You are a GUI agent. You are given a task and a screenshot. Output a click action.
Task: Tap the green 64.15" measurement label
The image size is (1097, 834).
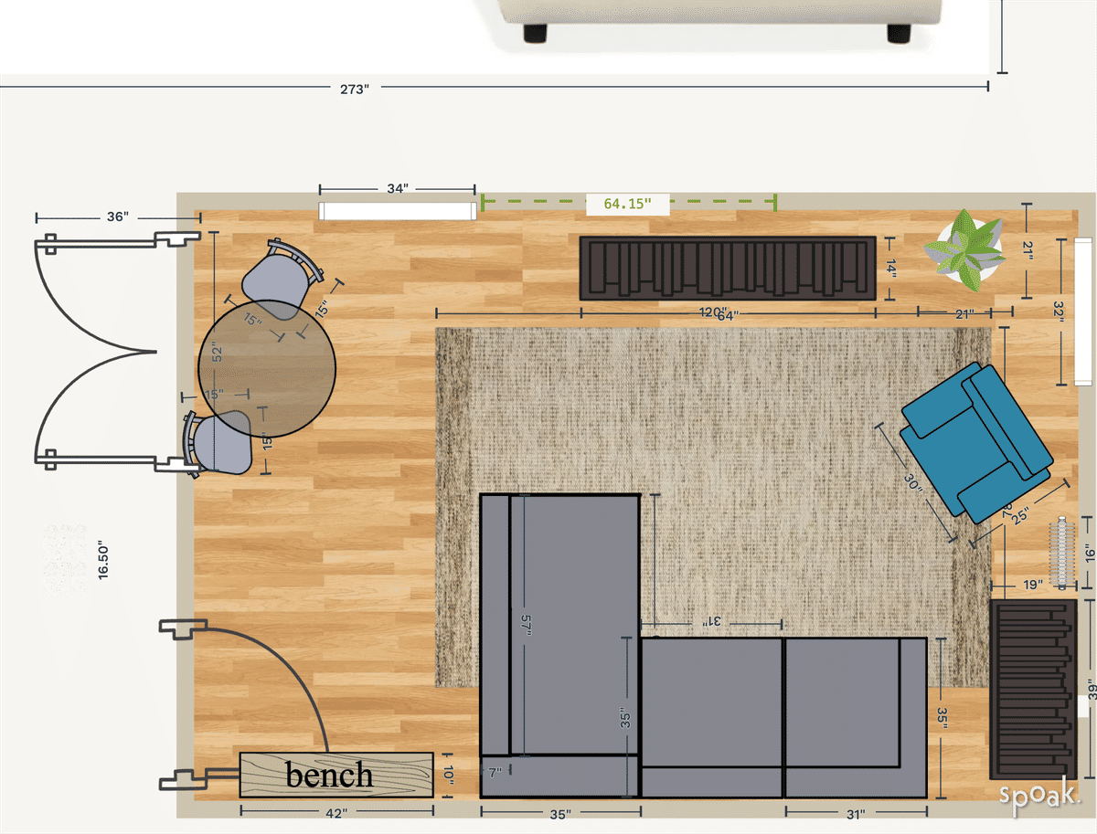[627, 204]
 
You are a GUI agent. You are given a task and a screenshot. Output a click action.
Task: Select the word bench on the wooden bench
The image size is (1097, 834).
[329, 775]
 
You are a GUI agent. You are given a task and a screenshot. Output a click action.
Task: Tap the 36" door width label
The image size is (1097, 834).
[118, 217]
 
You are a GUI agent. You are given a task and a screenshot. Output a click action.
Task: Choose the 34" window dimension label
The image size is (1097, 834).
[397, 189]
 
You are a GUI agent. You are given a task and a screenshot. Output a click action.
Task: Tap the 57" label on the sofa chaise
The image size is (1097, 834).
[526, 628]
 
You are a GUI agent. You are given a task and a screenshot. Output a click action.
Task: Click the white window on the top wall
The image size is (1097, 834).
[399, 211]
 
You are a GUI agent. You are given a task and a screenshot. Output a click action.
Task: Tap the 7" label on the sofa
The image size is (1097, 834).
[495, 773]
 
